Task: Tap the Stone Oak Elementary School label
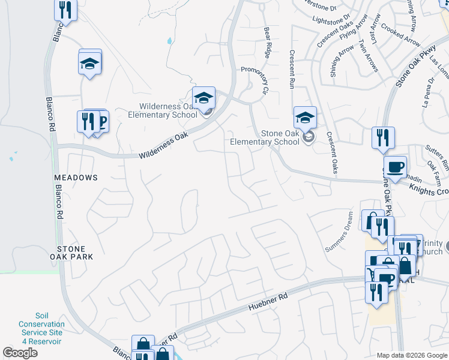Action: coord(265,138)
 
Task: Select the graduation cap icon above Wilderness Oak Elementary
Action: coord(203,98)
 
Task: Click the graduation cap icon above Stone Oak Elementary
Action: coord(305,118)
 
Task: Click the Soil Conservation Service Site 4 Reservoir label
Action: coord(41,328)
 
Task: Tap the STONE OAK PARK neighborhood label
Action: coord(76,252)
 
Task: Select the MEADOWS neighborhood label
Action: coord(76,178)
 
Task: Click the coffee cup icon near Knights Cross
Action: coord(395,167)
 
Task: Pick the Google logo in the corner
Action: coord(20,353)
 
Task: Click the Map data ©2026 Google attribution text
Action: coord(411,355)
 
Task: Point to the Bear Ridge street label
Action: coord(268,38)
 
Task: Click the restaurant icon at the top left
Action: coord(65,10)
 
